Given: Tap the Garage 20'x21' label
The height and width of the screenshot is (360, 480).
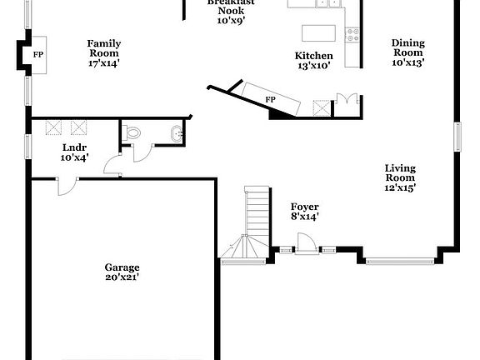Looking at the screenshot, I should point(122,272).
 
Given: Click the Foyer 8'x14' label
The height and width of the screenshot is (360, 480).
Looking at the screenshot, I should point(304,212).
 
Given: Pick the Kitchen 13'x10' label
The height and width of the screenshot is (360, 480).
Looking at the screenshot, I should point(314,62).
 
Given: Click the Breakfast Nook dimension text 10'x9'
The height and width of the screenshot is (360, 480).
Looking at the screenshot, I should point(230,20).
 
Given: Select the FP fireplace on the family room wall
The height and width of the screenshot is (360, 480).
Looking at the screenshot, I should point(37,55).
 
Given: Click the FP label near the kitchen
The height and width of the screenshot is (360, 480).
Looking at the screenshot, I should point(270,99).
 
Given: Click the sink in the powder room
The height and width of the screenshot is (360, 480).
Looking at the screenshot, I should point(176,133).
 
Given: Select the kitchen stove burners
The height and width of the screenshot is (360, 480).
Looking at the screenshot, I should point(352,35).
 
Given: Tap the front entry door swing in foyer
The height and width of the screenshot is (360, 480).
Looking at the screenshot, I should point(305,242).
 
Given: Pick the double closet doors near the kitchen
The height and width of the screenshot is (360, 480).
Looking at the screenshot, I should point(347,103).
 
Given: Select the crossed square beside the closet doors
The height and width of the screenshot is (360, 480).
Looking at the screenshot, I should point(322,108).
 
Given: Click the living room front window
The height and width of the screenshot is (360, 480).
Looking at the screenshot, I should point(399,262).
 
